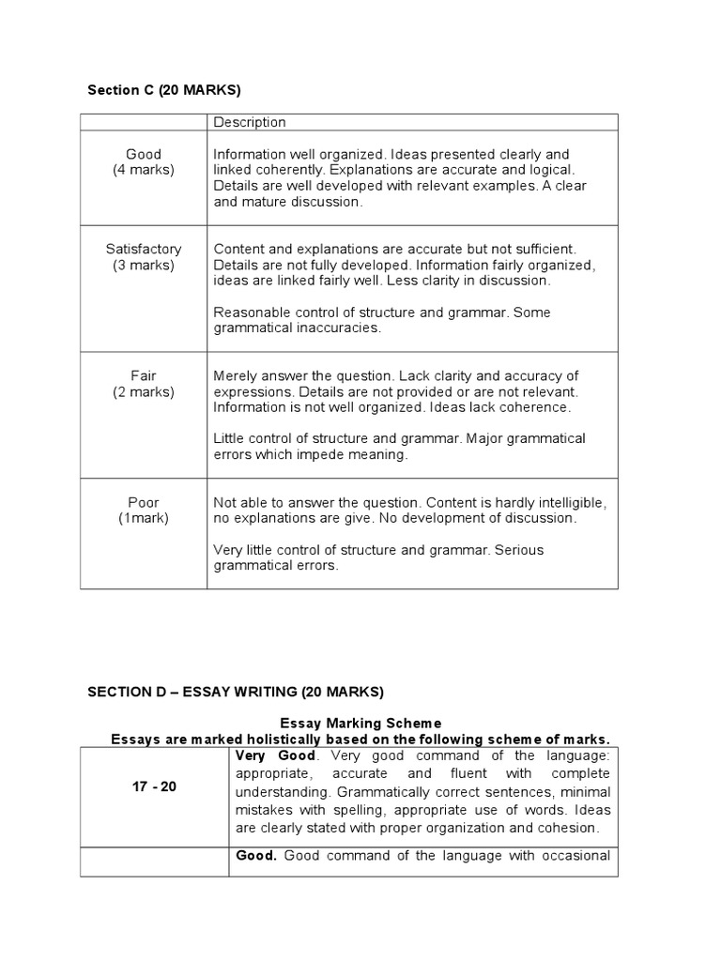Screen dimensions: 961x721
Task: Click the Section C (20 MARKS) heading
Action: pyautogui.click(x=163, y=90)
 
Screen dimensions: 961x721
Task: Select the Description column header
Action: pyautogui.click(x=250, y=122)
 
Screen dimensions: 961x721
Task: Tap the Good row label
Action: pyautogui.click(x=144, y=154)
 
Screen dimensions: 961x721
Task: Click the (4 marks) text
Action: pyautogui.click(x=144, y=170)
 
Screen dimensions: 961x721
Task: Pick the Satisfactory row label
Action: pyautogui.click(x=144, y=249)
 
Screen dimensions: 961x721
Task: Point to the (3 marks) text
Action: pyautogui.click(x=144, y=265)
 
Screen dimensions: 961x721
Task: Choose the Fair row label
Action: pyautogui.click(x=144, y=375)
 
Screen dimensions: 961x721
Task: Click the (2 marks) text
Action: pyautogui.click(x=144, y=391)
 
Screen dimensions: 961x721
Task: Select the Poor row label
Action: pyautogui.click(x=144, y=502)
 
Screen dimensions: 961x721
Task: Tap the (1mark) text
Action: pyautogui.click(x=144, y=518)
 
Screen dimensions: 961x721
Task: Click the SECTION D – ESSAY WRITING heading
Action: pyautogui.click(x=235, y=692)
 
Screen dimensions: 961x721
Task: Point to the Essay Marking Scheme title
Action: pyautogui.click(x=360, y=723)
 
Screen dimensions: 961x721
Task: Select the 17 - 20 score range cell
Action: pyautogui.click(x=155, y=786)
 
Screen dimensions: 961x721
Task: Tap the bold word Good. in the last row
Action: pyautogui.click(x=255, y=854)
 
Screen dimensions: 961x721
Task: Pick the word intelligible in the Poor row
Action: pyautogui.click(x=574, y=502)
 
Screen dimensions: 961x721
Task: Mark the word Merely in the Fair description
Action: pyautogui.click(x=236, y=375)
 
